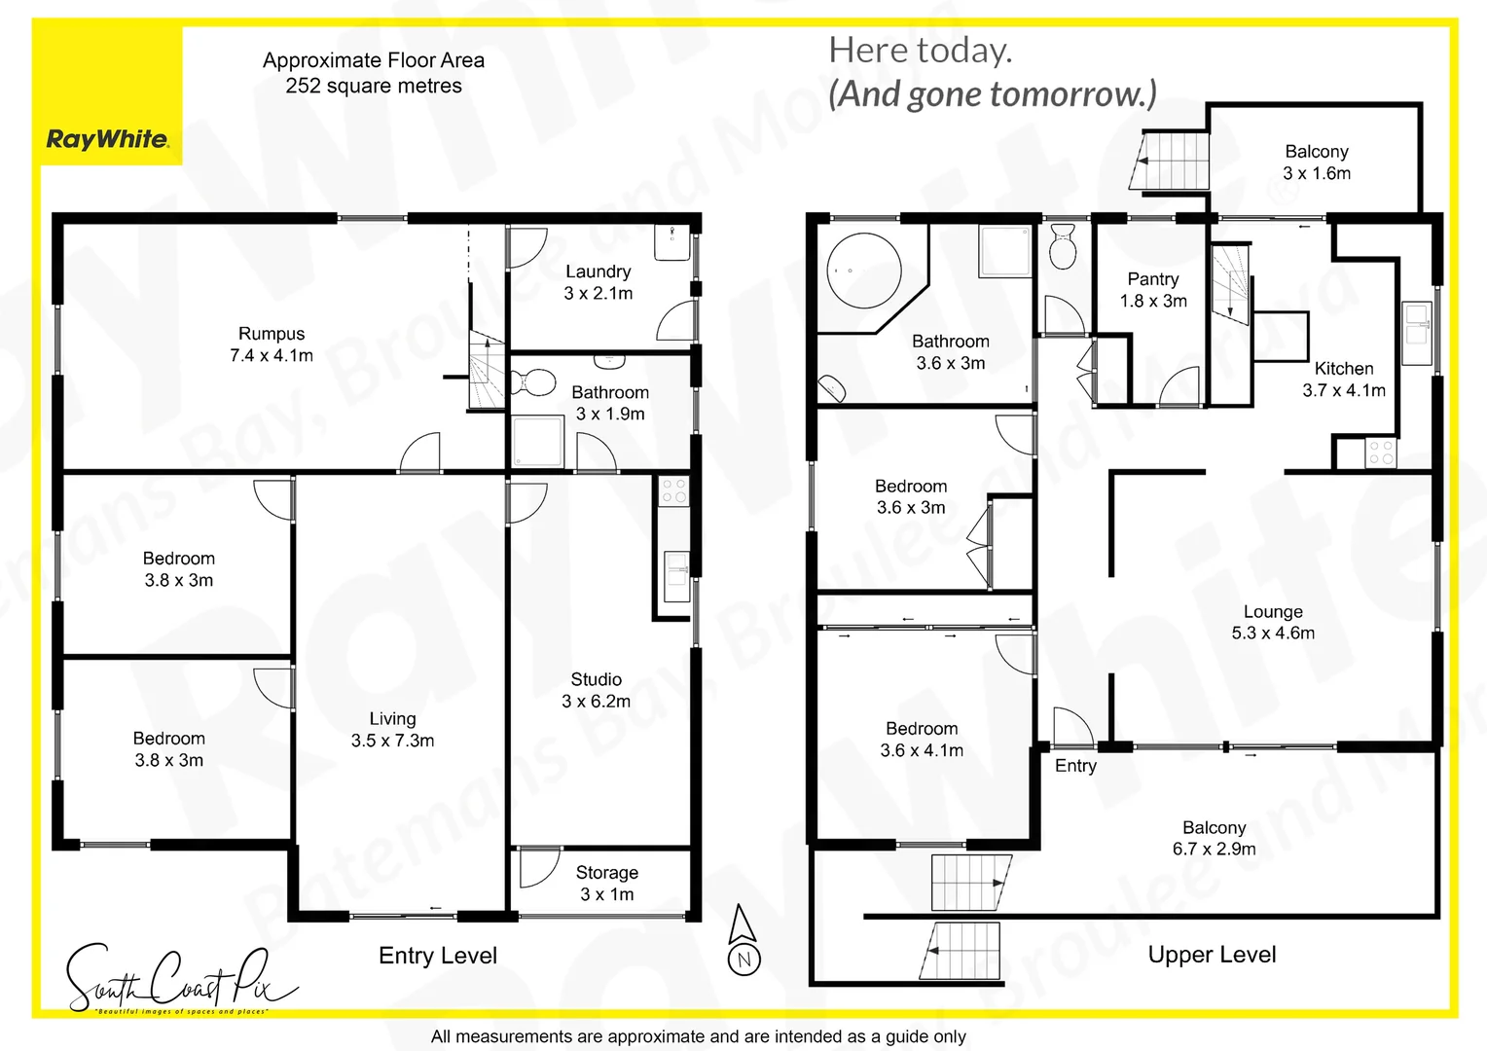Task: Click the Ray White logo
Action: click(x=107, y=139)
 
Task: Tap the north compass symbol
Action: click(x=743, y=940)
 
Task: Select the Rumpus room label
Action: click(x=272, y=334)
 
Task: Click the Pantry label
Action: click(x=1153, y=279)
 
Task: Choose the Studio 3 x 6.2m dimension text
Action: click(x=596, y=701)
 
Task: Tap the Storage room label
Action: click(x=606, y=873)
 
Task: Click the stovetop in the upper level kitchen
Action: click(x=1380, y=453)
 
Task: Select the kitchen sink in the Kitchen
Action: click(x=1416, y=323)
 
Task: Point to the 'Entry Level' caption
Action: click(x=438, y=956)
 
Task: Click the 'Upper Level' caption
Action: click(x=1212, y=955)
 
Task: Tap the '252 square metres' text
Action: click(x=374, y=86)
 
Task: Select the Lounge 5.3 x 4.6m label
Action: click(x=1273, y=622)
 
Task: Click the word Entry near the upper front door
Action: click(x=1075, y=766)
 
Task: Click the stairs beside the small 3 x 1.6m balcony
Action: click(x=1172, y=161)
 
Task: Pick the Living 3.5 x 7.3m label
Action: click(x=392, y=729)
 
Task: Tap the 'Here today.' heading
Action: click(x=920, y=50)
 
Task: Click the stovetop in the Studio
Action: click(x=673, y=490)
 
